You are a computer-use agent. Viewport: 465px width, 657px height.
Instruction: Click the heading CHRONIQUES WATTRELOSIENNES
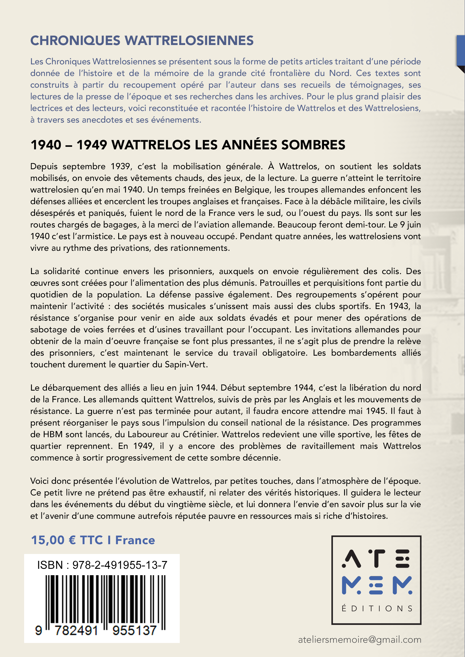tap(142, 41)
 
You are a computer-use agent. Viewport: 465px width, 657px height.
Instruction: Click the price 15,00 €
tap(53, 540)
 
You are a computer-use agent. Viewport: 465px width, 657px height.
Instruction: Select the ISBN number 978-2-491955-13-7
tap(120, 565)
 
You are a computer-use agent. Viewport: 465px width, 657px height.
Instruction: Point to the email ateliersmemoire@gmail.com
tap(359, 640)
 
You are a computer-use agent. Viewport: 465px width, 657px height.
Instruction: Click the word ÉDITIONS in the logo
tap(376, 608)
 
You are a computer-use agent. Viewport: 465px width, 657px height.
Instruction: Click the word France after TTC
tap(135, 540)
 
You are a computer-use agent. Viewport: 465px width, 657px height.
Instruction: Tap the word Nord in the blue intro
tap(340, 73)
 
